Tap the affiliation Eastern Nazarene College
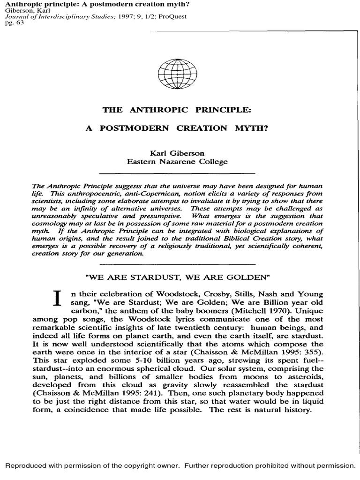(178, 162)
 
